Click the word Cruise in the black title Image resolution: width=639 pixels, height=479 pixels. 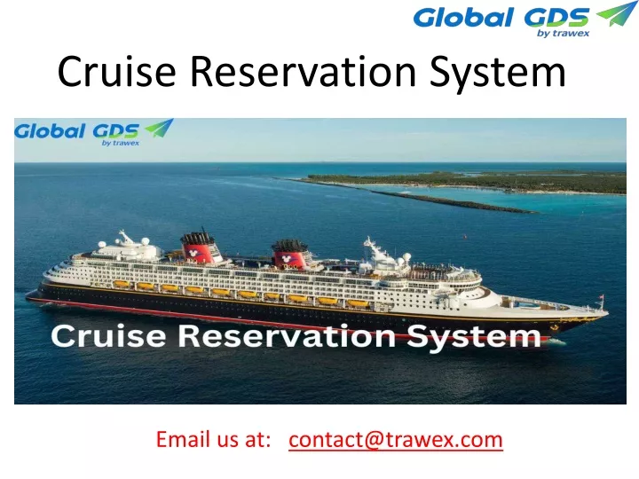click(x=116, y=71)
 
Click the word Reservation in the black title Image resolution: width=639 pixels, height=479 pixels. click(x=304, y=71)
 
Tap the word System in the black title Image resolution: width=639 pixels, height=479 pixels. click(x=498, y=74)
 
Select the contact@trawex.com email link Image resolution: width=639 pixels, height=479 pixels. click(x=395, y=439)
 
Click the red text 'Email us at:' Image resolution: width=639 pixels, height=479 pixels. click(x=214, y=439)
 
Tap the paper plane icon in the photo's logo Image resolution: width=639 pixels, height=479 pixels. click(x=160, y=128)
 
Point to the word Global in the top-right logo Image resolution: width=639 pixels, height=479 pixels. click(x=463, y=18)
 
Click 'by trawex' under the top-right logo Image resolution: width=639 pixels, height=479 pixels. click(x=564, y=33)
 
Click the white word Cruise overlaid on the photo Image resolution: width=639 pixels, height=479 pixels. click(x=109, y=336)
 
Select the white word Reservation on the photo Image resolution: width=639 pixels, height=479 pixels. click(x=287, y=336)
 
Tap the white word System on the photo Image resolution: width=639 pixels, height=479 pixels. click(x=474, y=338)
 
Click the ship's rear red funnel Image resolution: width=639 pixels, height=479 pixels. click(x=200, y=247)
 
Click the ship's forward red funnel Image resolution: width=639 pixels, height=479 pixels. click(x=290, y=255)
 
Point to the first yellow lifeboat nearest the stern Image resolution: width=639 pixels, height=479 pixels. click(x=121, y=284)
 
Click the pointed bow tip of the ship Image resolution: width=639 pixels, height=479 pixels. click(x=607, y=313)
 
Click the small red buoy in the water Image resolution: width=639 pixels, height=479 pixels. click(x=464, y=236)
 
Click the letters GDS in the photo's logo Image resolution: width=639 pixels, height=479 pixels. click(x=115, y=131)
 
